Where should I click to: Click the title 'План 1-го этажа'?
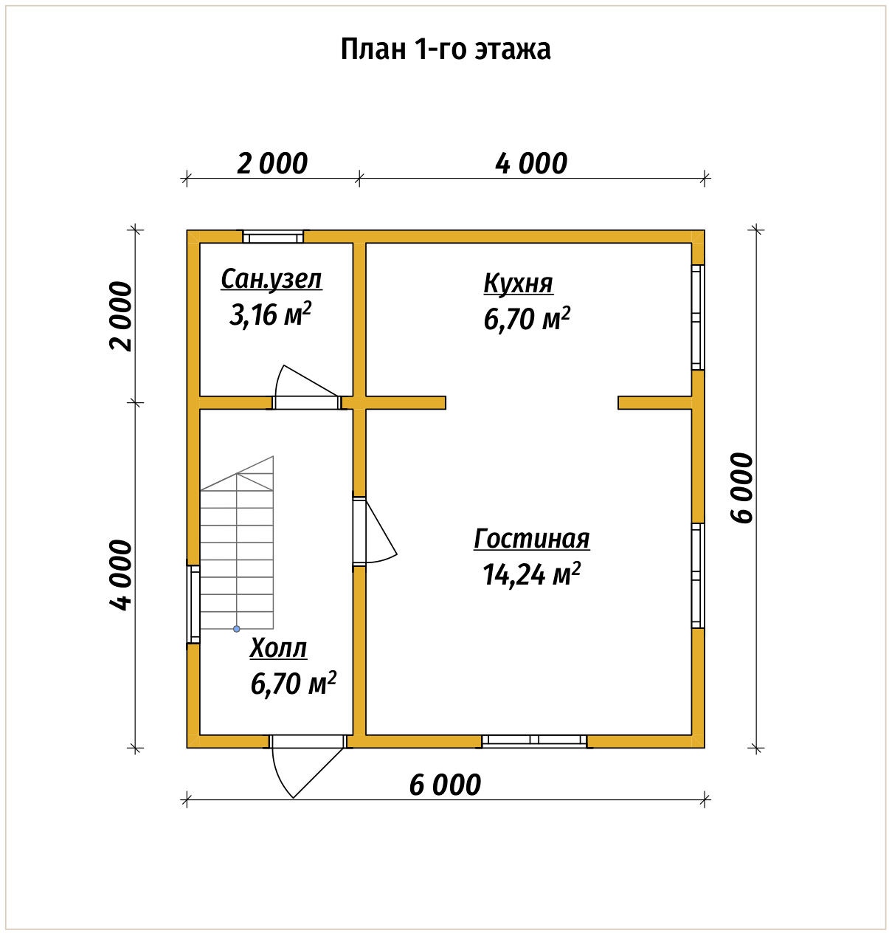(445, 49)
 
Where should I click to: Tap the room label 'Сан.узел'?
(271, 280)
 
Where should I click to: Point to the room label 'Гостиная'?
(531, 539)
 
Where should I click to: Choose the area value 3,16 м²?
(270, 314)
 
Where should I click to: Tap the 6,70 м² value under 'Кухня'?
(527, 319)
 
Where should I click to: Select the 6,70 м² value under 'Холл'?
(294, 684)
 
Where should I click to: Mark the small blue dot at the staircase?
(237, 629)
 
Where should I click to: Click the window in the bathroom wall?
(273, 237)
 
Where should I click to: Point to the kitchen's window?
(697, 317)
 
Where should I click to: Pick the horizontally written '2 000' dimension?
(271, 163)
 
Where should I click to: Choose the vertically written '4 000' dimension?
(121, 575)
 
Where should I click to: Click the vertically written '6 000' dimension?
(743, 487)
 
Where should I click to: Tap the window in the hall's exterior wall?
(193, 604)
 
